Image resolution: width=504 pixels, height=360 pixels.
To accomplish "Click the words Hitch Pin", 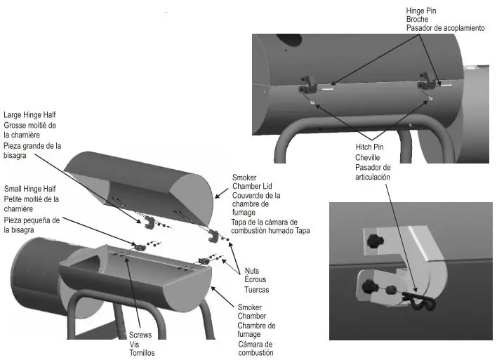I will (x=371, y=149).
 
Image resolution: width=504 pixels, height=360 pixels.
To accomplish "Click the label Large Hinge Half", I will (x=29, y=114).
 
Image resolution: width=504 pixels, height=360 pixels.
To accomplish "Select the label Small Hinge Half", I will (x=29, y=189).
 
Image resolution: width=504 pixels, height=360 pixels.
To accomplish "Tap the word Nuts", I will (x=252, y=271).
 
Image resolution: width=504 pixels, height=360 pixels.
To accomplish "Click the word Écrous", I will (x=256, y=280).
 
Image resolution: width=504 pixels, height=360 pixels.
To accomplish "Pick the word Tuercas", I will (x=257, y=289).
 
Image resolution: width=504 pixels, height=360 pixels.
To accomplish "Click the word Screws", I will (x=141, y=335).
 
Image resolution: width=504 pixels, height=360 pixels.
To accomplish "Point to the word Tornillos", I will (x=142, y=353).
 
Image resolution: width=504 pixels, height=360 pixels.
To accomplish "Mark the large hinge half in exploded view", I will (x=150, y=223).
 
